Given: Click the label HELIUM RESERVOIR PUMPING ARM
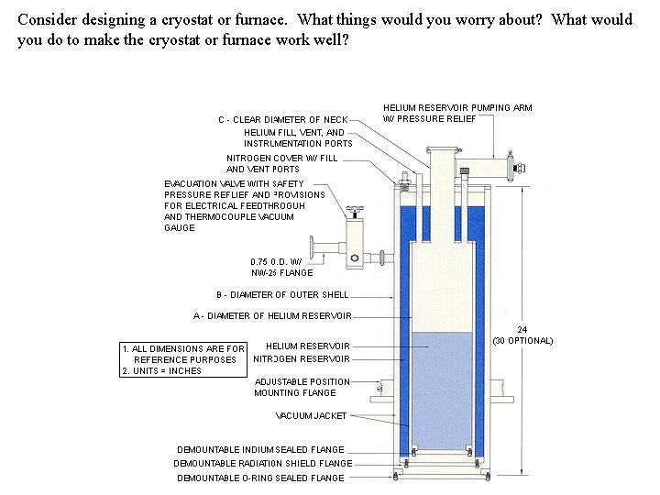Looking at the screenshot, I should click(456, 107).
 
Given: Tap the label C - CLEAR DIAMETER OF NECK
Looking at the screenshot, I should click(282, 119).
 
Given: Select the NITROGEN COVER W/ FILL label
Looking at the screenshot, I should click(281, 158).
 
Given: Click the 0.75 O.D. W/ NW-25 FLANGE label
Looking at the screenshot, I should click(281, 267).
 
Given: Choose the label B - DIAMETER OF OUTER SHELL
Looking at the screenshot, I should click(282, 294).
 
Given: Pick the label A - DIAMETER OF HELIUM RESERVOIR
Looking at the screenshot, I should click(272, 316).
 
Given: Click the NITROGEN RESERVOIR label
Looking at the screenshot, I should click(302, 358).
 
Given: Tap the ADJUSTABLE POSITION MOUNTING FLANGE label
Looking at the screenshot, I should click(302, 387).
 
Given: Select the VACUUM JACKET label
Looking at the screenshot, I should click(311, 415).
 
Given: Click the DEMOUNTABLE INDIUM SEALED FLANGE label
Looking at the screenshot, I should click(260, 449).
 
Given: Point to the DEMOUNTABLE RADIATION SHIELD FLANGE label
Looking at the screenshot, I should click(262, 463).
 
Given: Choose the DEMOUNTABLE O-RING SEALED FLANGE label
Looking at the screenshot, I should click(260, 478).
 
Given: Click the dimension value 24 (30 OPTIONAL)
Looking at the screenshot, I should click(522, 335).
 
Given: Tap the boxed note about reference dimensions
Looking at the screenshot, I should click(182, 359).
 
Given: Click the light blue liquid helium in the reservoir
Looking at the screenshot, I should click(443, 385).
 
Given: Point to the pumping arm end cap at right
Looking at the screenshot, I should click(522, 168).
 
